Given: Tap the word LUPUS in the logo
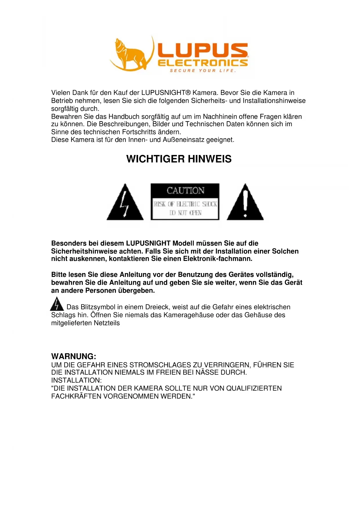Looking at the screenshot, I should pos(203,50).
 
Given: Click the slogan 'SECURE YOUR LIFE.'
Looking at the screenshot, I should pos(203,71).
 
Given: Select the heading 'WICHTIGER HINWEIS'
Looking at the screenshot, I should pos(179,159).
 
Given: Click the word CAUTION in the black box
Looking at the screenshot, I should pos(185,191).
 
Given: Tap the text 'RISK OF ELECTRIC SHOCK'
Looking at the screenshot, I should pos(185,204).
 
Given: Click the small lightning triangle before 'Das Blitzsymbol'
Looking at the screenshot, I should pos(57,304).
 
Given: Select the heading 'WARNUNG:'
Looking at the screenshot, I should pos(74,356).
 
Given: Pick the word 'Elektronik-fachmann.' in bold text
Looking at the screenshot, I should pos(218,259).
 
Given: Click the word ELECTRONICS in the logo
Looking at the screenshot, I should pos(203,63).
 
